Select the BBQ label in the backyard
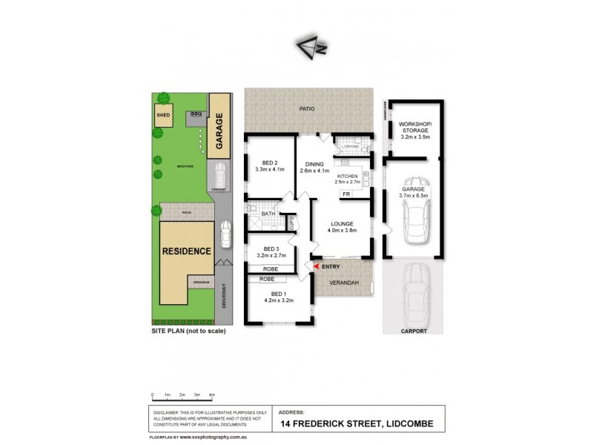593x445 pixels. pyautogui.click(x=196, y=114)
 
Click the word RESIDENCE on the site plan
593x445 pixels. pyautogui.click(x=187, y=251)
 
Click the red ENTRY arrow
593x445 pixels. pyautogui.click(x=317, y=266)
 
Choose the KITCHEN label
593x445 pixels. pyautogui.click(x=348, y=176)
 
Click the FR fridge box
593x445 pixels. pyautogui.click(x=345, y=194)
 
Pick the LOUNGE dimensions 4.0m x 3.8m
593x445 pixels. pyautogui.click(x=341, y=231)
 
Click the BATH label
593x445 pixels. pyautogui.click(x=268, y=214)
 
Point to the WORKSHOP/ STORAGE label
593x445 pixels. pyautogui.click(x=414, y=128)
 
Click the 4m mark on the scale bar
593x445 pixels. pyautogui.click(x=212, y=394)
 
